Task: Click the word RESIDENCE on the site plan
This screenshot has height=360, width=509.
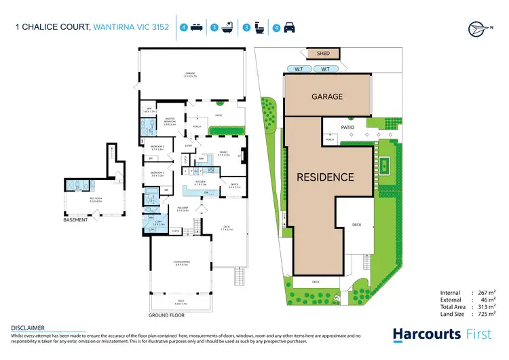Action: point(325,177)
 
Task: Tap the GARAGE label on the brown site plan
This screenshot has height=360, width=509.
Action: point(326,97)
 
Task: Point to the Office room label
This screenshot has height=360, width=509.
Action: point(233,184)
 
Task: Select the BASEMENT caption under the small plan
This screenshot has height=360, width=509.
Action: point(76,220)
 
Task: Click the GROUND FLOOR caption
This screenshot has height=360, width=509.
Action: point(166,315)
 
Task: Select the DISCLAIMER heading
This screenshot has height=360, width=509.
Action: point(28,327)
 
